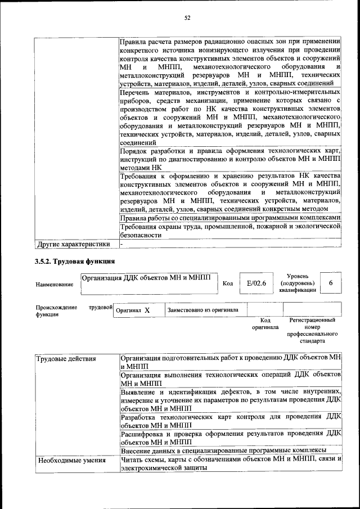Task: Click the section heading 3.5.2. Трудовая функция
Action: [74, 261]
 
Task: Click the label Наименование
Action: [54, 285]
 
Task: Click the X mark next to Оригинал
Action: [146, 310]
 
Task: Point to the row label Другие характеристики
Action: [73, 244]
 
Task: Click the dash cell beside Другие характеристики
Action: [121, 244]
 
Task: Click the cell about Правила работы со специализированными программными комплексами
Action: [231, 218]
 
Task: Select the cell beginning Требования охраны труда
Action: [231, 231]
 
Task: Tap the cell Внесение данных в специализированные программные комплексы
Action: [223, 450]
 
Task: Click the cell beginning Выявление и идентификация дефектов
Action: [231, 399]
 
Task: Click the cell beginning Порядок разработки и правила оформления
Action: [231, 159]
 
